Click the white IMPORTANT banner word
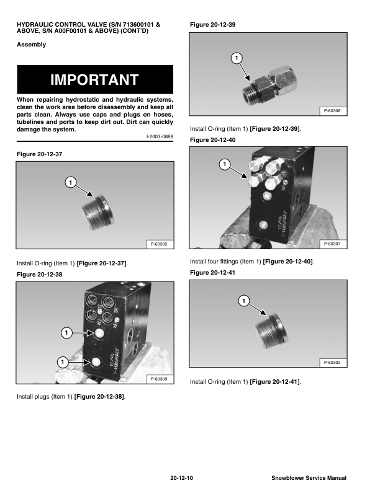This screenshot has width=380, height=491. (94, 80)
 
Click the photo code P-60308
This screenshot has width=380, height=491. (332, 112)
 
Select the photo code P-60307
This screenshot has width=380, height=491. (332, 244)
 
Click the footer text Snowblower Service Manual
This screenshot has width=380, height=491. (309, 478)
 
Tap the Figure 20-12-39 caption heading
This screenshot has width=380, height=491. (212, 24)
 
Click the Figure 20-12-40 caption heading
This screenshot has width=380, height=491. (212, 140)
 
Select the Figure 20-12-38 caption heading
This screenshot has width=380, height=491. (40, 273)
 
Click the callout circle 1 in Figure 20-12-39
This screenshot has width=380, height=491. (236, 58)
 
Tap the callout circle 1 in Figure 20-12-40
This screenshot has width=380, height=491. (225, 164)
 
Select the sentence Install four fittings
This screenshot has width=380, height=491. (251, 262)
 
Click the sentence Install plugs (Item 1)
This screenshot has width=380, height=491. (71, 397)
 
